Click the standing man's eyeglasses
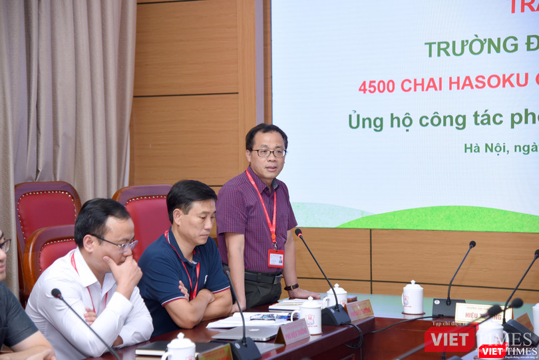pyautogui.click(x=268, y=153)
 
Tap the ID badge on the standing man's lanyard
pyautogui.click(x=275, y=258)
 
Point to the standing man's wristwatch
pyautogui.click(x=291, y=287)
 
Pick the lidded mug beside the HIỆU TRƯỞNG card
pyautogui.click(x=413, y=297)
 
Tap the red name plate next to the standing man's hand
pyautogui.click(x=360, y=309)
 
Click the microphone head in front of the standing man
pyautogui.click(x=299, y=234)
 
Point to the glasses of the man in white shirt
pyautogui.click(x=118, y=244)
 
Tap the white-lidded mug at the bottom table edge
pyautogui.click(x=180, y=347)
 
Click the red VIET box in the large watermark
pyautogui.click(x=450, y=339)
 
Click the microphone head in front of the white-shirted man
pyautogui.click(x=57, y=293)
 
